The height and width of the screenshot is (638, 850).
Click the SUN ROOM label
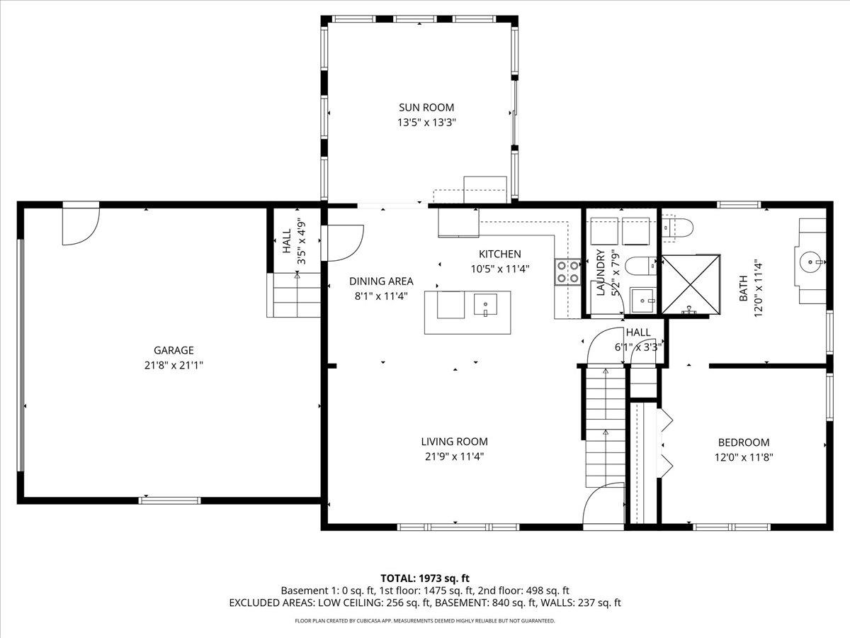426,108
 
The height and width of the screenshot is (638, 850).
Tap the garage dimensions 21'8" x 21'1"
174,365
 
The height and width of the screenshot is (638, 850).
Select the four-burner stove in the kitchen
568,272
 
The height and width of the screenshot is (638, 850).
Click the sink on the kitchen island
486,306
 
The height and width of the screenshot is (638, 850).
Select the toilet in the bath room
678,227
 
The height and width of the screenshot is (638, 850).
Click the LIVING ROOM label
454,442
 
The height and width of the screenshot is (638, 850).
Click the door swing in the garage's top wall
80,225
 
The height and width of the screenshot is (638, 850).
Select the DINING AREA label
381,281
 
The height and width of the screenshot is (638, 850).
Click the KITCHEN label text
499,254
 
